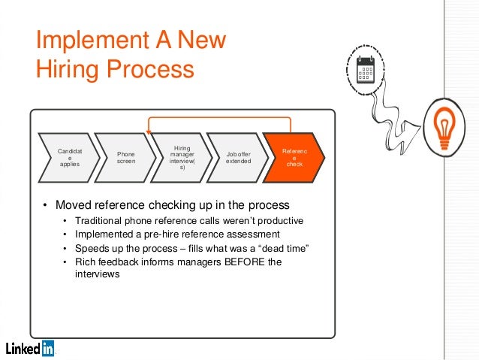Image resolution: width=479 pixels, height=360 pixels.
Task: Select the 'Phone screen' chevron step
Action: coord(125,157)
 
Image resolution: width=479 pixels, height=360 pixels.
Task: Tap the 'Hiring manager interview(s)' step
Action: coord(182,157)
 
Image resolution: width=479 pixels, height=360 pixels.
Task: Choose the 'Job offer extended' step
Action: coord(238,157)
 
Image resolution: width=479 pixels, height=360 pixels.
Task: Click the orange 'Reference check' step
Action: coord(294,157)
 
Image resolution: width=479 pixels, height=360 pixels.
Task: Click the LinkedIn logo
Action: coord(30,348)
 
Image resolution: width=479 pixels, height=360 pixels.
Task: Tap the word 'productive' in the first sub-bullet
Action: coord(279,221)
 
